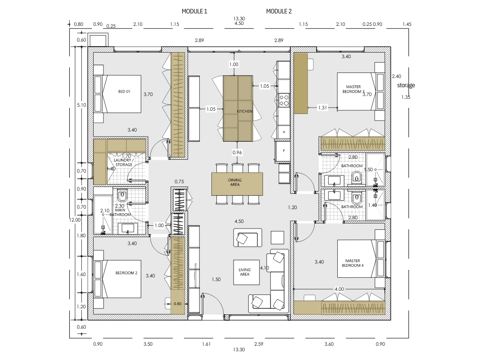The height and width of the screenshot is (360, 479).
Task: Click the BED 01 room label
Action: pos(124,92)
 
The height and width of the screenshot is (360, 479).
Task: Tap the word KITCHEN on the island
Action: pos(244,112)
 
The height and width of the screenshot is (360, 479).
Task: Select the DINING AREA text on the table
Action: pos(234,182)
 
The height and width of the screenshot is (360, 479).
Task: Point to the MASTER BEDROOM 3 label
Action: pos(353,89)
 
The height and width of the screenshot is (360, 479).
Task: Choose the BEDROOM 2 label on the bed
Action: pos(126,273)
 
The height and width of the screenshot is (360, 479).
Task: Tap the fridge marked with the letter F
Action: pos(283,150)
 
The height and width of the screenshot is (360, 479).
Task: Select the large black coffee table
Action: pos(246,272)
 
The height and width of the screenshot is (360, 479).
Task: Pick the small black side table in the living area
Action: pos(277,237)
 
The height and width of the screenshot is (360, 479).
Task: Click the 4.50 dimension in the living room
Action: pos(239,222)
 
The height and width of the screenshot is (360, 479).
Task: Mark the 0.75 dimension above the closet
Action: pos(179,181)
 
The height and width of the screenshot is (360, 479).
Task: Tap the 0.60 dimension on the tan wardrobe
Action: pos(178,304)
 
